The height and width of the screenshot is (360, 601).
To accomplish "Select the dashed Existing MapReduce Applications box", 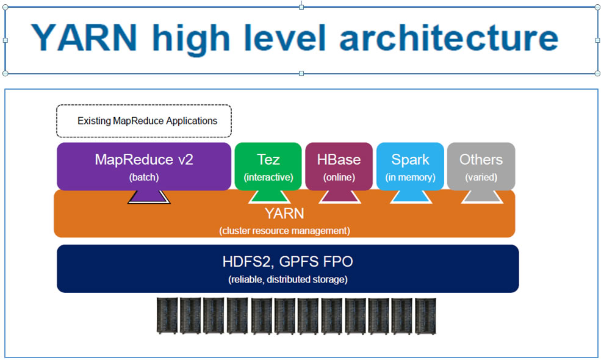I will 144,121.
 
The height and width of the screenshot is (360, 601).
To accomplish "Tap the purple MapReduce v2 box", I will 144,166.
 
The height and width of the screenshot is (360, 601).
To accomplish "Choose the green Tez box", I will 268,166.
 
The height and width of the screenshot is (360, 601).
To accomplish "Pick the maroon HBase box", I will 339,166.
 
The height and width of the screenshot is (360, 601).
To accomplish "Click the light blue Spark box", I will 410,166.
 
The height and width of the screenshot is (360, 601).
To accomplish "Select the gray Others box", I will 481,166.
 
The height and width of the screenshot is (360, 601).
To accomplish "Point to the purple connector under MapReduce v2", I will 149,196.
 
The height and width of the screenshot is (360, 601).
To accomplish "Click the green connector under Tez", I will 269,196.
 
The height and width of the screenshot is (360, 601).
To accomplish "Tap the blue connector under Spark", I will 411,196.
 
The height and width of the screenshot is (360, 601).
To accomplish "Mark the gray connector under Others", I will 481,196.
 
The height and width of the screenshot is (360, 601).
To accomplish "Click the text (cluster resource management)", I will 284,231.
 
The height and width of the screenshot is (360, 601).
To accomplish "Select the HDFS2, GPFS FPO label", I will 287,262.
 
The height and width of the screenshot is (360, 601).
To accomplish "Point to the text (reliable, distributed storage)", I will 287,279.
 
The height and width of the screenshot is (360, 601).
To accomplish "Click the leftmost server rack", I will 167,315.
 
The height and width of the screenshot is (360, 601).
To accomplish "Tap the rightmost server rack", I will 425,315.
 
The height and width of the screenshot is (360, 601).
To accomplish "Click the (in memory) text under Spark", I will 410,178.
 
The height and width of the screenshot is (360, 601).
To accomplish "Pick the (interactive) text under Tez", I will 268,178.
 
